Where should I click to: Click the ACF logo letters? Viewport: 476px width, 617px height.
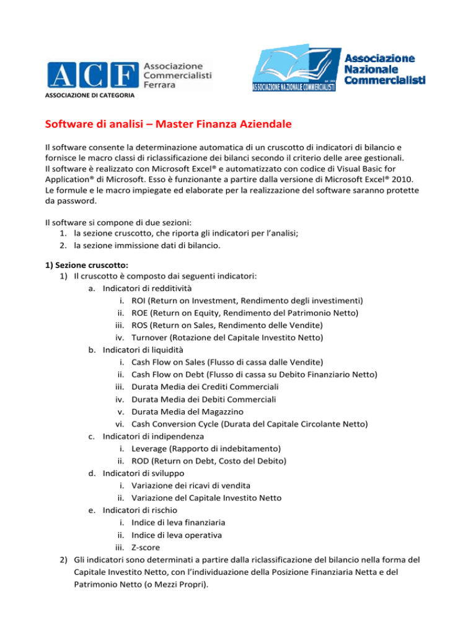coord(92,75)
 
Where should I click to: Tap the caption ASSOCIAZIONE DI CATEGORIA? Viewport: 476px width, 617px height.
coord(86,95)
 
